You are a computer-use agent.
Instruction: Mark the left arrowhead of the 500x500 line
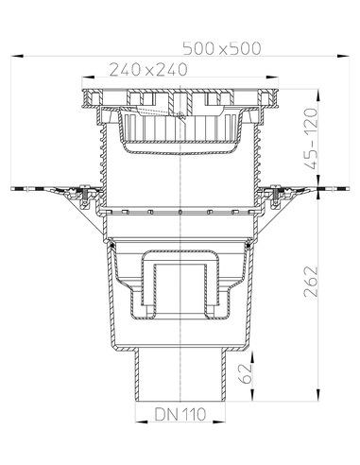[x=16, y=57]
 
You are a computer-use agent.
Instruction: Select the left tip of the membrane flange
[x=13, y=188]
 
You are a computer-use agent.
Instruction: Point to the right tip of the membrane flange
[x=346, y=188]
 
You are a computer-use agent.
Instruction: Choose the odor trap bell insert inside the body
[x=180, y=279]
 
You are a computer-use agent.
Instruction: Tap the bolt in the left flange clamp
[x=85, y=197]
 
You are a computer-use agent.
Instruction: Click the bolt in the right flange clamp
[x=274, y=197]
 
